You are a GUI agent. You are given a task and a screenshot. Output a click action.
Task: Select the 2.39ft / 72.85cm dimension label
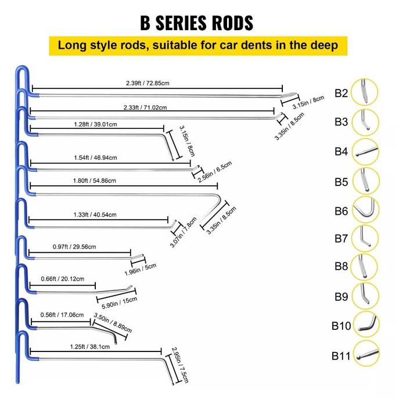147,83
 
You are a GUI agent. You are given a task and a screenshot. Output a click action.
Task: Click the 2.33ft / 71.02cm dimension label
145,107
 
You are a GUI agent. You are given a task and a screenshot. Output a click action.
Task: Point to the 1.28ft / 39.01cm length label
95,124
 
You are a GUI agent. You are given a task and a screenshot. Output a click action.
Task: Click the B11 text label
341,355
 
